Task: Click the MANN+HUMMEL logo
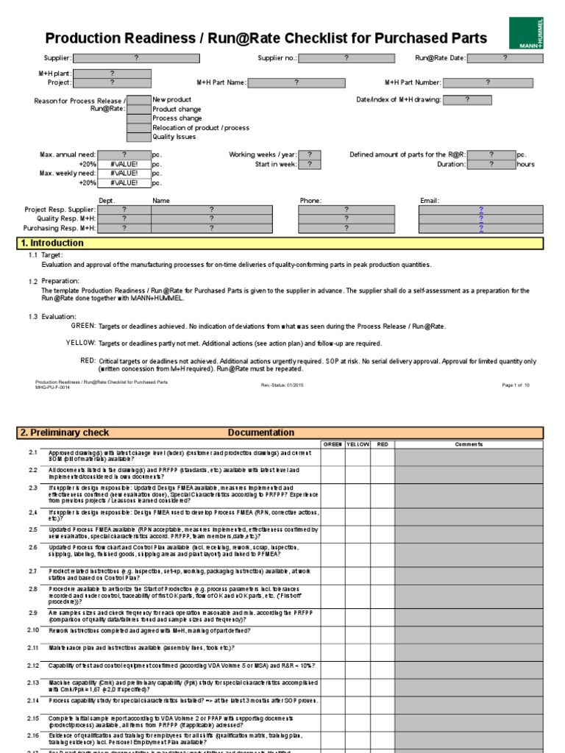click(x=526, y=34)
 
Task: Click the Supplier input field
click(x=135, y=57)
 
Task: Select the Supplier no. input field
click(x=345, y=57)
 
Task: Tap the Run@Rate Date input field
click(x=505, y=57)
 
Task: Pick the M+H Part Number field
click(x=487, y=83)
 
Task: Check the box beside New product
click(x=139, y=99)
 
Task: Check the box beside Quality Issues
click(x=139, y=137)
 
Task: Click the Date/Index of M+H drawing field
click(x=467, y=99)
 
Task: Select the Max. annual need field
click(x=124, y=154)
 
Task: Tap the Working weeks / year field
click(x=310, y=154)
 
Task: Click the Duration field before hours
click(x=491, y=164)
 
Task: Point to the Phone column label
click(x=310, y=200)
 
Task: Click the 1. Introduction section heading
click(x=52, y=243)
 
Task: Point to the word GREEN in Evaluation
click(x=83, y=325)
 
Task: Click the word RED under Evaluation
click(x=88, y=360)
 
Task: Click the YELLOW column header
click(x=358, y=444)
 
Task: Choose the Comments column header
click(x=468, y=444)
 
